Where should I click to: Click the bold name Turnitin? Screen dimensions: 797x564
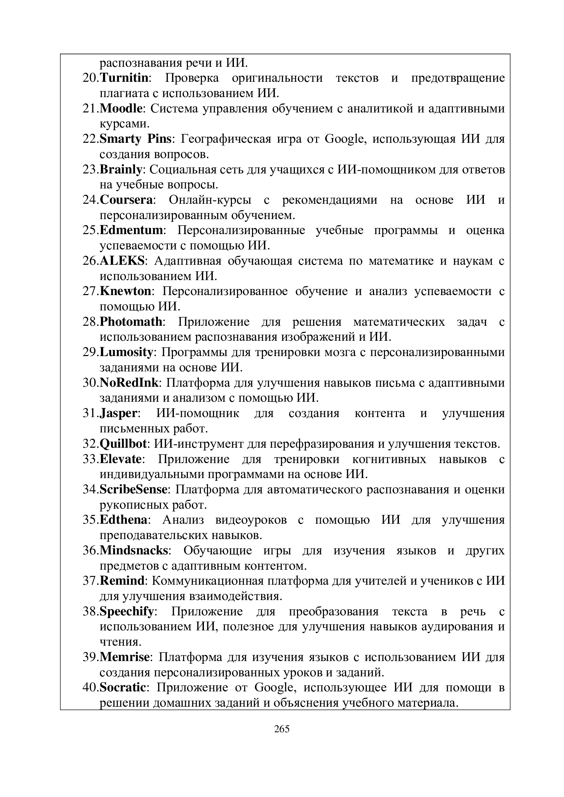tap(124, 78)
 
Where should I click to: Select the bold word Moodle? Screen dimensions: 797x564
tap(121, 109)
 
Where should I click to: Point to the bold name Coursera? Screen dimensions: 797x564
tap(127, 200)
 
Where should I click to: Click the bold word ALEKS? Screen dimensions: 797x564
tap(122, 261)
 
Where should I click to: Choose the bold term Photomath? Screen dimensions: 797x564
tap(131, 322)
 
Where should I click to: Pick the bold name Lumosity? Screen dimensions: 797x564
tap(126, 352)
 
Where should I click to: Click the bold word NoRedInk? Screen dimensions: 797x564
tap(129, 383)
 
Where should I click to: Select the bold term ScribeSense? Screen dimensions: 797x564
tap(133, 489)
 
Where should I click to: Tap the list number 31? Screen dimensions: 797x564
tap(89, 413)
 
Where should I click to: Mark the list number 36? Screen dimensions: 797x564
tap(89, 551)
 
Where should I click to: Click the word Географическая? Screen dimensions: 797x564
tap(226, 139)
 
